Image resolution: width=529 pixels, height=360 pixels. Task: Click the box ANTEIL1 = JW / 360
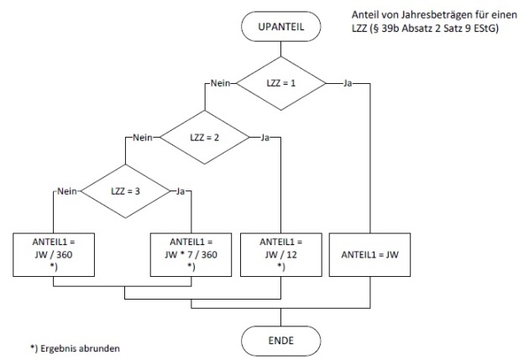(x=55, y=251)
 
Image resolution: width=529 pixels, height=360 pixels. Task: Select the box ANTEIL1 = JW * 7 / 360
(x=192, y=251)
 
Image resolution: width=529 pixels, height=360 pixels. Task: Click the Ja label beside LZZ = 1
(x=347, y=82)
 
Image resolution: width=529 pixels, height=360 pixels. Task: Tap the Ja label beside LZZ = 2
(x=265, y=136)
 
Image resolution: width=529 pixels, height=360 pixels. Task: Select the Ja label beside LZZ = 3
(x=180, y=190)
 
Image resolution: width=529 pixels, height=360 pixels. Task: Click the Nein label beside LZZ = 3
(x=66, y=190)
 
